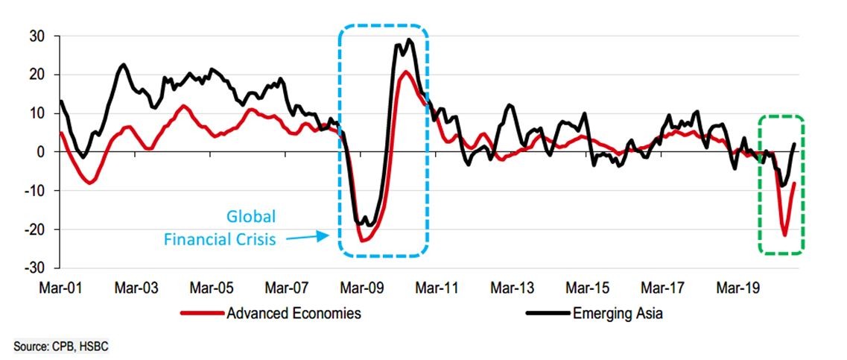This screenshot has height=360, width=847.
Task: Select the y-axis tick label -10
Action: (35, 190)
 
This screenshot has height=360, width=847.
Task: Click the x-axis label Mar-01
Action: (58, 287)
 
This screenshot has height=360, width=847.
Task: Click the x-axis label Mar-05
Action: (212, 287)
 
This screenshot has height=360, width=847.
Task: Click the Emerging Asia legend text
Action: (618, 314)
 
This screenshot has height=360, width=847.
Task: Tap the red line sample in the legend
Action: (203, 314)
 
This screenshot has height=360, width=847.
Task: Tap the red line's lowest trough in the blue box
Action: (363, 240)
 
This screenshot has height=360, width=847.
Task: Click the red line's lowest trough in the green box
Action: (784, 235)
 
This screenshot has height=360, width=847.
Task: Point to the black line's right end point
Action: (795, 144)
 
